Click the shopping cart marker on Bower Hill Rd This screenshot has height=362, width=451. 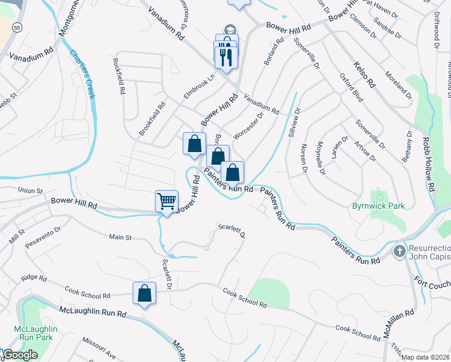pos(166,200)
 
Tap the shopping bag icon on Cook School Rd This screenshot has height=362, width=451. pos(145,293)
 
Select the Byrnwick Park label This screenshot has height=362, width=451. pos(378,206)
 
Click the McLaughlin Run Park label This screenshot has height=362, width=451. pos(36,333)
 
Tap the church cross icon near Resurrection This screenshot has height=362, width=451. pos(399,250)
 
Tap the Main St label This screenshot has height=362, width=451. pos(120,238)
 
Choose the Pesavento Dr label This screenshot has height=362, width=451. pos(43,238)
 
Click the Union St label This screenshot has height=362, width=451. pos(31,191)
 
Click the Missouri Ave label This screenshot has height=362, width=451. pos(99,348)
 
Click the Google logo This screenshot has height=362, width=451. pos(20,355)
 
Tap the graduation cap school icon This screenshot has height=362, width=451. pos(230,29)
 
